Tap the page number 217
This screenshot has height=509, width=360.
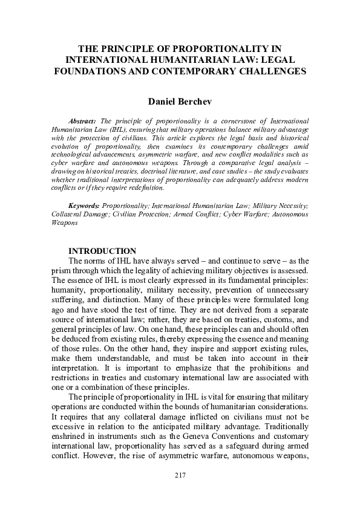tap(180, 476)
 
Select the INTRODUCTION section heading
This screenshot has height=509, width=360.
tap(102, 251)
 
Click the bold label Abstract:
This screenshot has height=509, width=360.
tap(87, 122)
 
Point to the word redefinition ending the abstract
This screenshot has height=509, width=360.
tap(143, 189)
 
